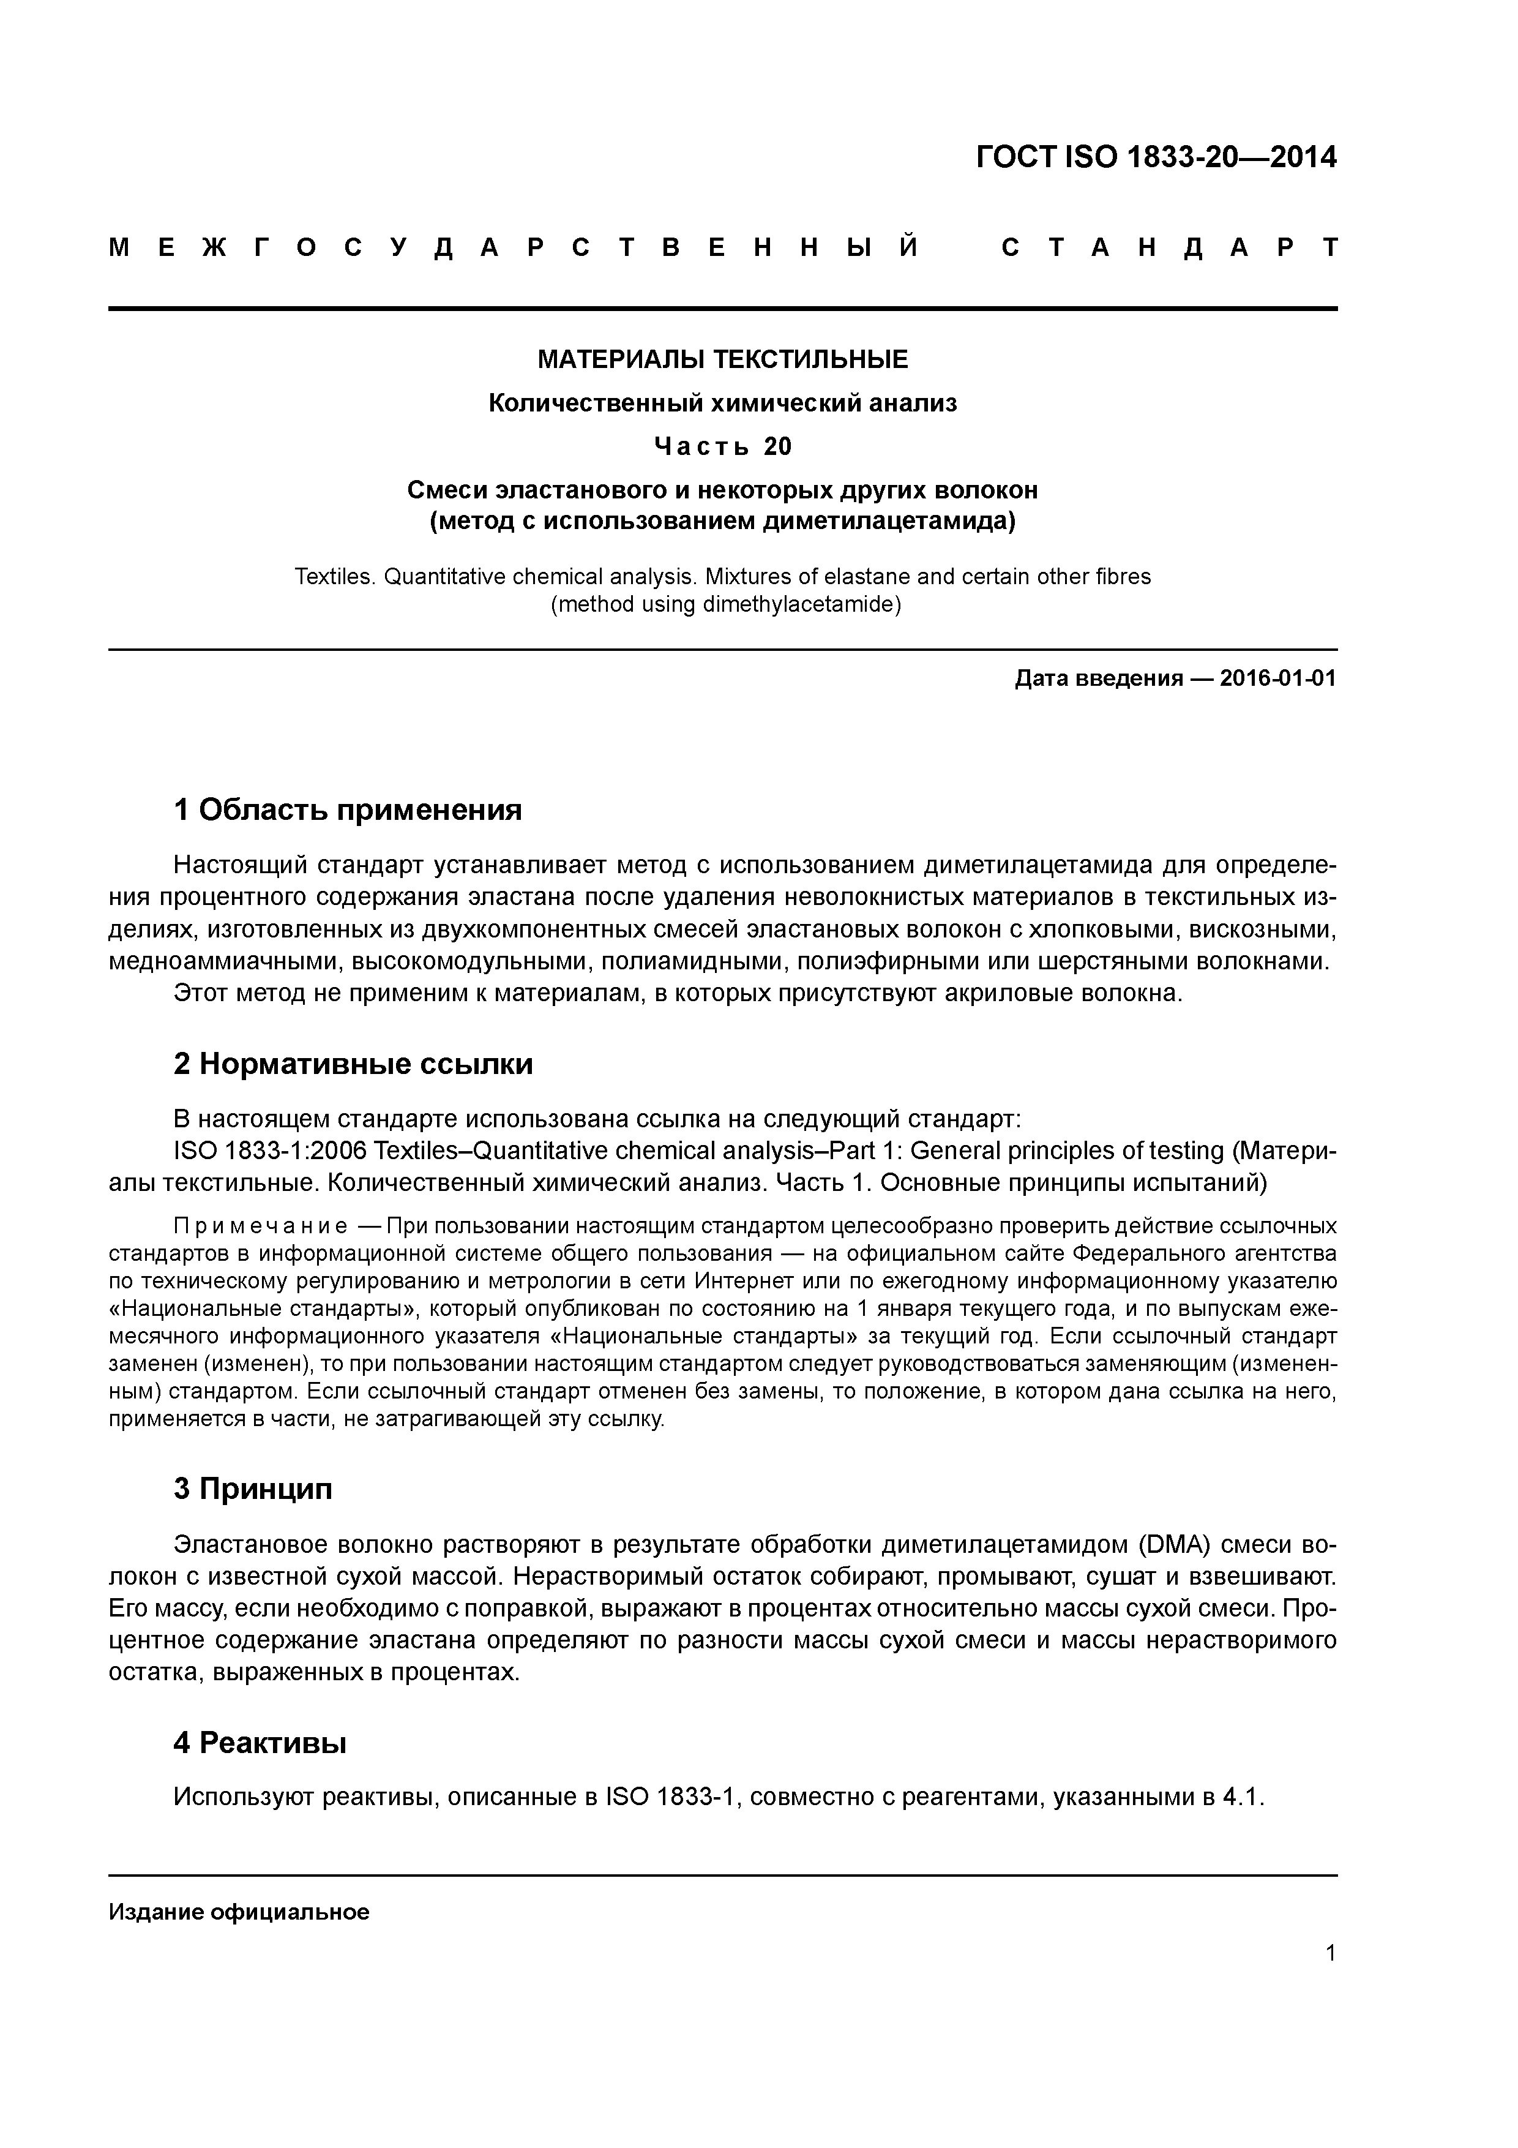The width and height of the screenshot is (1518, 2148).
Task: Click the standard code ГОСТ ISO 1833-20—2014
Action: click(x=1156, y=157)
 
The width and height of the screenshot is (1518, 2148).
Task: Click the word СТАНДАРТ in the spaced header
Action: click(x=1169, y=248)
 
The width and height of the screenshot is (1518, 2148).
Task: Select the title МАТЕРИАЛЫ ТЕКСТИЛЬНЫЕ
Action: click(x=722, y=359)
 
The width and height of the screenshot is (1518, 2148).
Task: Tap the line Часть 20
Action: click(x=722, y=447)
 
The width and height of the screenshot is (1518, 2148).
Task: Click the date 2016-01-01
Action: click(x=1277, y=678)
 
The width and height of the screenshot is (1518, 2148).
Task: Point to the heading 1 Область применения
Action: click(x=348, y=809)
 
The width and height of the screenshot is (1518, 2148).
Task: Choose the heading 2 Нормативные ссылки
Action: click(x=354, y=1064)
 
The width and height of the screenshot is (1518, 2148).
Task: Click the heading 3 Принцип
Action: click(x=253, y=1489)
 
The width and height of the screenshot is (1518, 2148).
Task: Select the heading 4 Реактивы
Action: click(x=260, y=1743)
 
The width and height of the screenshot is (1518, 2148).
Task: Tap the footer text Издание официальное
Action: click(x=239, y=1912)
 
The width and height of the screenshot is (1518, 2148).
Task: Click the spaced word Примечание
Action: click(x=261, y=1226)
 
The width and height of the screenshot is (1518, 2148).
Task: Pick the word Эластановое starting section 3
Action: click(x=250, y=1544)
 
